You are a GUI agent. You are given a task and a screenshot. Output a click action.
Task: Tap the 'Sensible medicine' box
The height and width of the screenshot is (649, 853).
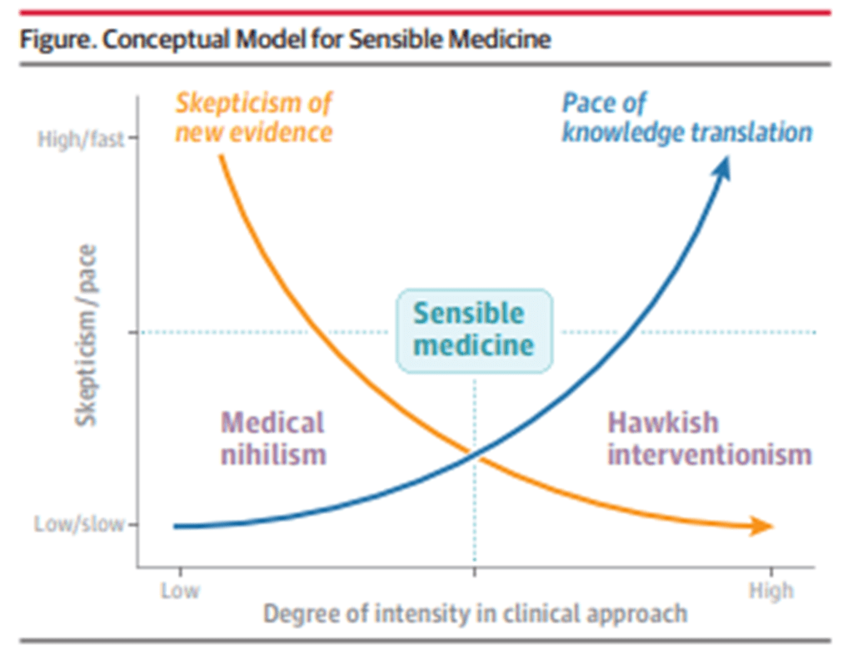(x=473, y=329)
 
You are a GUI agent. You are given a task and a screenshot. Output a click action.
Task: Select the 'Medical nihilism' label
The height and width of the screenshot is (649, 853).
(x=272, y=438)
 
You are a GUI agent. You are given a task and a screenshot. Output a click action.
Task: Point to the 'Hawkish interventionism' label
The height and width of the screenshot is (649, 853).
(x=709, y=438)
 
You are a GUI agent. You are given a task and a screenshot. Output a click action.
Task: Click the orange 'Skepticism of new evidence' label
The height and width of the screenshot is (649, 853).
(x=253, y=117)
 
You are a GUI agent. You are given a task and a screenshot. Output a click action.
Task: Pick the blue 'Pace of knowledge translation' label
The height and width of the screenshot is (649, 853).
(x=686, y=117)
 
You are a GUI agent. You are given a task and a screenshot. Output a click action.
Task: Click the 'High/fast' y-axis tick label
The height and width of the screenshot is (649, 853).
(x=81, y=138)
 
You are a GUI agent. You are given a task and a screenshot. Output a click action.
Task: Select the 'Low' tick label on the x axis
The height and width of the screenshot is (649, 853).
(x=179, y=591)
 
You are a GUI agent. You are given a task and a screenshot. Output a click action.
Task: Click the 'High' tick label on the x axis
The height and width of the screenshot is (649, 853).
(x=771, y=591)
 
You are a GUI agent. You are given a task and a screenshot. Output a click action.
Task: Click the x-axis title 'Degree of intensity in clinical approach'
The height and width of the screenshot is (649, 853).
(x=476, y=614)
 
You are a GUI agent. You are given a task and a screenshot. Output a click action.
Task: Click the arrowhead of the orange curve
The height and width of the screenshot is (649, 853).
(x=762, y=526)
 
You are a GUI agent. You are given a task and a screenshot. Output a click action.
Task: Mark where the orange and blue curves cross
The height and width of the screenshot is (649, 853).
(x=473, y=454)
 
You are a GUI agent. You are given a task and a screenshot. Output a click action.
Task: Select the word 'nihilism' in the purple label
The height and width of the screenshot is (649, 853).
(x=272, y=455)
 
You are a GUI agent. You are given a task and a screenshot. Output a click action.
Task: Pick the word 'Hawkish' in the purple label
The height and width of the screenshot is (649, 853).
(x=662, y=422)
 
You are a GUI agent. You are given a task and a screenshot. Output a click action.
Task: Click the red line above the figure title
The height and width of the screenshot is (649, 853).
(x=425, y=12)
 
